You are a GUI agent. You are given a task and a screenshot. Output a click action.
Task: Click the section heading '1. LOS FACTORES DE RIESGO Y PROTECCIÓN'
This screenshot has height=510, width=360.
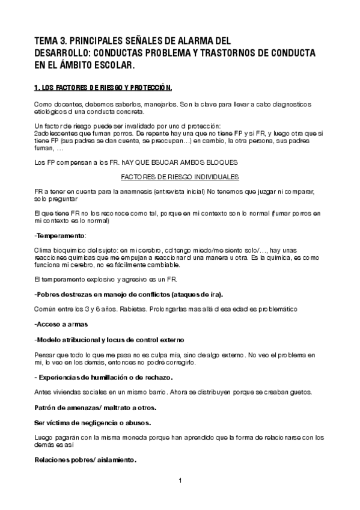pos(103,88)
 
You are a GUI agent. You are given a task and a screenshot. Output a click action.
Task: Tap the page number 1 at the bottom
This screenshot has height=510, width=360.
pos(180,480)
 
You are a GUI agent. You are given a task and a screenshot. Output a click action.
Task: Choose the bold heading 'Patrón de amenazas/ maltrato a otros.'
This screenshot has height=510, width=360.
pos(95,407)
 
